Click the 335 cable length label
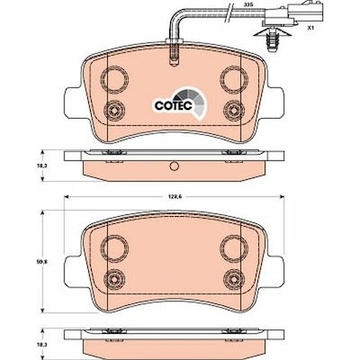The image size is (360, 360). (247, 5)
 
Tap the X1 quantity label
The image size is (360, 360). (310, 28)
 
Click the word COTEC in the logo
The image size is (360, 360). (173, 105)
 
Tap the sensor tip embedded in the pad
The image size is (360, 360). (174, 55)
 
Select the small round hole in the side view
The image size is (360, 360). (174, 166)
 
